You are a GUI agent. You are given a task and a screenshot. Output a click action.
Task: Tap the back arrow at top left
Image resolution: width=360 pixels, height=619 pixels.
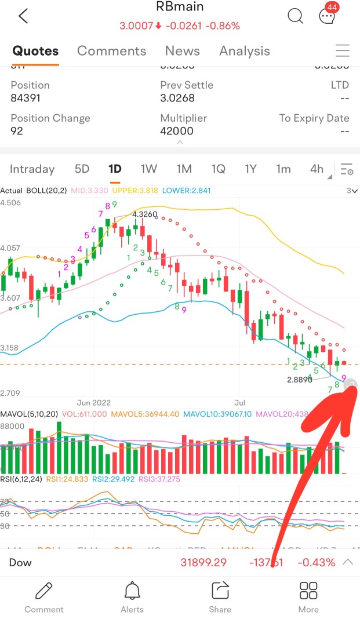[23, 16]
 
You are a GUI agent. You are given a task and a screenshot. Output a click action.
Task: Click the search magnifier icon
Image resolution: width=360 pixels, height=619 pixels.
[295, 16]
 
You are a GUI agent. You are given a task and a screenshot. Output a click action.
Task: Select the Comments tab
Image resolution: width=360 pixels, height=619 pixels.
[111, 51]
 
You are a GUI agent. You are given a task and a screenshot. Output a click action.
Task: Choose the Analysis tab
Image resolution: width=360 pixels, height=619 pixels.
[245, 51]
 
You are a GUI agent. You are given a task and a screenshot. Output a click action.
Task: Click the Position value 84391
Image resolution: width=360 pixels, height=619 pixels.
[26, 98]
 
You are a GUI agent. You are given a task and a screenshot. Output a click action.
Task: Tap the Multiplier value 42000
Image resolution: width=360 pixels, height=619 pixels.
[177, 131]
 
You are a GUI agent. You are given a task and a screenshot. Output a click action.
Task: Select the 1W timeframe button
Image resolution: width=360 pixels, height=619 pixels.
[149, 169]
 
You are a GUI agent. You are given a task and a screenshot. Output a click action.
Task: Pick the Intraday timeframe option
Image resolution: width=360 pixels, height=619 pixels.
[32, 169]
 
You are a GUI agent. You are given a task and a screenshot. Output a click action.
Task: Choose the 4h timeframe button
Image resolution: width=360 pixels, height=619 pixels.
[317, 169]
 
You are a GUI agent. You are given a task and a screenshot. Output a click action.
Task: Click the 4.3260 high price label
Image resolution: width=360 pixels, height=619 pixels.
[145, 214]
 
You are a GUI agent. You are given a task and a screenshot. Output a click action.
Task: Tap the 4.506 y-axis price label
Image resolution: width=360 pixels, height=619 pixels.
[11, 202]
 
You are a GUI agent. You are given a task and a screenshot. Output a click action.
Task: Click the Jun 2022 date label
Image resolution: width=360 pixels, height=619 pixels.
[93, 402]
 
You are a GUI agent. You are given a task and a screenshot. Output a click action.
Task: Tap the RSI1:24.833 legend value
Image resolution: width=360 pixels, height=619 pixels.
[61, 479]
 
